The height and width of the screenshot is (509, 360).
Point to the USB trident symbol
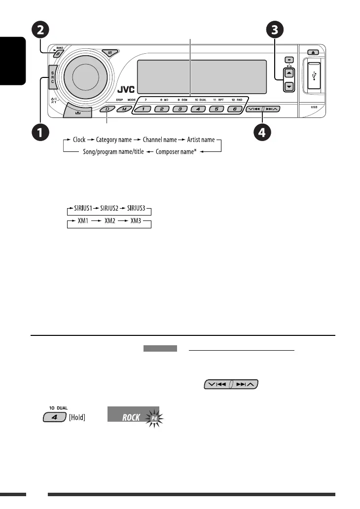(x=315, y=78)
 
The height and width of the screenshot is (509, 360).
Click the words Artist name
(x=201, y=140)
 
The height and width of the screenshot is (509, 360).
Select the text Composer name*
(x=176, y=152)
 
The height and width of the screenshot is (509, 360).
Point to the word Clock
(x=79, y=140)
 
